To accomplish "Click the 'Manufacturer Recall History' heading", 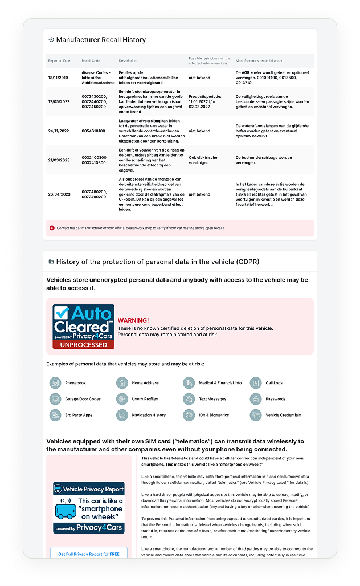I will coord(101,40).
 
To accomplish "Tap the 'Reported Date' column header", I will coord(59,60).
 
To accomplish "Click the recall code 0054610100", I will coord(93,131).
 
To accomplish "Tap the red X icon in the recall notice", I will coord(52,227).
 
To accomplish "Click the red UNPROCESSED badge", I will coord(84,344).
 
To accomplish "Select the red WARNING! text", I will coord(133,320).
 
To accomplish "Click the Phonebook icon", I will coord(55,383).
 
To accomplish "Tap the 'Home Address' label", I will coord(145,383).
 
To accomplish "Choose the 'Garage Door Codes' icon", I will coord(55,399).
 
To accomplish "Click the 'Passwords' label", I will coord(276,399).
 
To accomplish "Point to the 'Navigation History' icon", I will coord(121,415).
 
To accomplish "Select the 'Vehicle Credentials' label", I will coord(283,415).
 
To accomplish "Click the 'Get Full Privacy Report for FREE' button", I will coord(89,554).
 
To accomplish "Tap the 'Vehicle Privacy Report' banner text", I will coord(93,489).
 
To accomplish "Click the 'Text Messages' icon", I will coord(188,399).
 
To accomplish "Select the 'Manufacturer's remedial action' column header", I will coord(259,60).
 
